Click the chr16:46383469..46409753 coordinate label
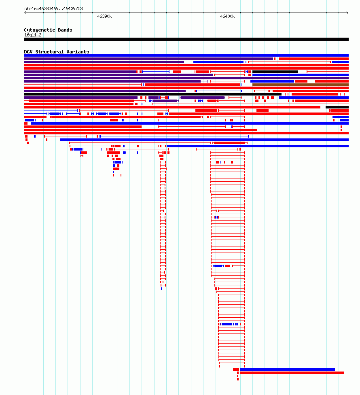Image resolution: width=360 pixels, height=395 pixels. point(53,8)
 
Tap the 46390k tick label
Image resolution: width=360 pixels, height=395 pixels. point(104,16)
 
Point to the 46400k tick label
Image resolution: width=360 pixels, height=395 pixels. point(227,16)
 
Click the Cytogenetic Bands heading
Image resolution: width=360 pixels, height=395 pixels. point(48,30)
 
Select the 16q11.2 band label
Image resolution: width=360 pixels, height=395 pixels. point(33,35)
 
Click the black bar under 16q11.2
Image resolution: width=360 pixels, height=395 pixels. point(186,39)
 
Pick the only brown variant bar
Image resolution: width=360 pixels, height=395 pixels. point(300,85)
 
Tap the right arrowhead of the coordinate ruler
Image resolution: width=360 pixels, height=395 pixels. point(347,13)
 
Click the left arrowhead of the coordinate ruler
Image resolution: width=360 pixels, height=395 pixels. point(25,13)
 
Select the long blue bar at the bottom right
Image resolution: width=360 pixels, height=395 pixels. point(288,370)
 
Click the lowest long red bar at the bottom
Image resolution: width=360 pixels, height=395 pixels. point(292,373)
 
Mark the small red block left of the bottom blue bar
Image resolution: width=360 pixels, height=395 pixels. point(236,370)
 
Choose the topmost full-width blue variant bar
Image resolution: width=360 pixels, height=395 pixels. point(186,55)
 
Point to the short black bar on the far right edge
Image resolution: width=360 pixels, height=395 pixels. point(337,107)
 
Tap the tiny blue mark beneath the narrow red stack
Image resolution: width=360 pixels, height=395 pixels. point(162,289)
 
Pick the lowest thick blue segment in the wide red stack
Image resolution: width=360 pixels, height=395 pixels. point(227,324)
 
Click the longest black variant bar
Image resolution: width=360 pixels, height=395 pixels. point(152,94)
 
